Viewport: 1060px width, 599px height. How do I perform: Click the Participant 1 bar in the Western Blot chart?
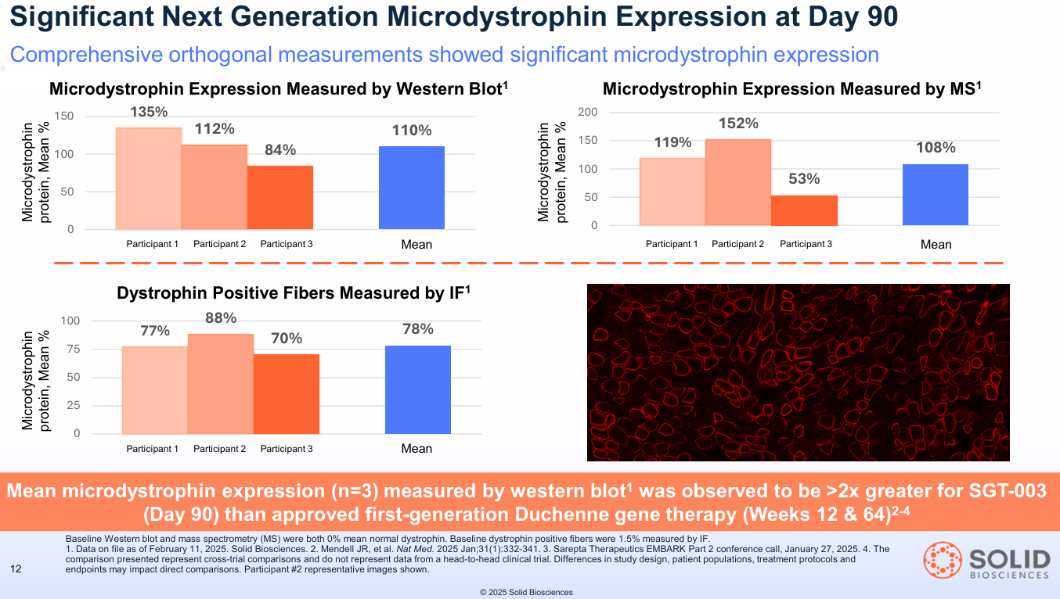[x=149, y=178]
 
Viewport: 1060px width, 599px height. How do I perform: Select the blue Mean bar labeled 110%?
[x=412, y=188]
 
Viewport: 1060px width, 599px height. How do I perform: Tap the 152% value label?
[x=738, y=124]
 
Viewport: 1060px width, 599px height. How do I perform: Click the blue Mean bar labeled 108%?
[x=936, y=195]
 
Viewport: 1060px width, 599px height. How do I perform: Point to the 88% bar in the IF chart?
[x=221, y=384]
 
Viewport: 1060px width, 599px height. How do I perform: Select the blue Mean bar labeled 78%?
[x=418, y=389]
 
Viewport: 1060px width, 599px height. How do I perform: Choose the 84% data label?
[x=279, y=150]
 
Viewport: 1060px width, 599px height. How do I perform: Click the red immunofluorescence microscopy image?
[x=798, y=372]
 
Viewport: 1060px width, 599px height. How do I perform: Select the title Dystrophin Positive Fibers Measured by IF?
[x=293, y=293]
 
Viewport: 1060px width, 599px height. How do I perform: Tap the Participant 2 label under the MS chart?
[x=738, y=244]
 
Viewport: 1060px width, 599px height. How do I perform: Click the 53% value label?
[x=804, y=179]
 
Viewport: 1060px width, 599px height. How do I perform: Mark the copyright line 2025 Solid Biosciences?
[x=526, y=593]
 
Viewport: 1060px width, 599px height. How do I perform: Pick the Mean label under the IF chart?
[x=416, y=449]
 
